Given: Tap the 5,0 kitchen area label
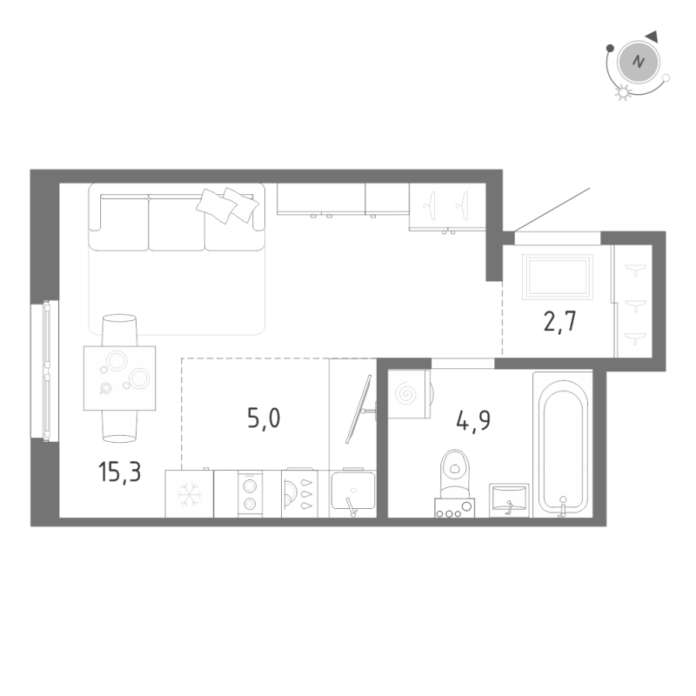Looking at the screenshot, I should click(264, 418).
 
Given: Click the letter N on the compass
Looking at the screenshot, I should click(639, 62).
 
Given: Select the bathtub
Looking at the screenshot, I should click(562, 443).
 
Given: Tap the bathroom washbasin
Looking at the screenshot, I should click(510, 500).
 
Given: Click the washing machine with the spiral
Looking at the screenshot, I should click(407, 393).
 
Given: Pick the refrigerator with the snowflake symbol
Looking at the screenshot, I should click(189, 495).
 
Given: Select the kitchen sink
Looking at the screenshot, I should click(353, 495).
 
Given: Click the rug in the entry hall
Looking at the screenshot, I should click(557, 277).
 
